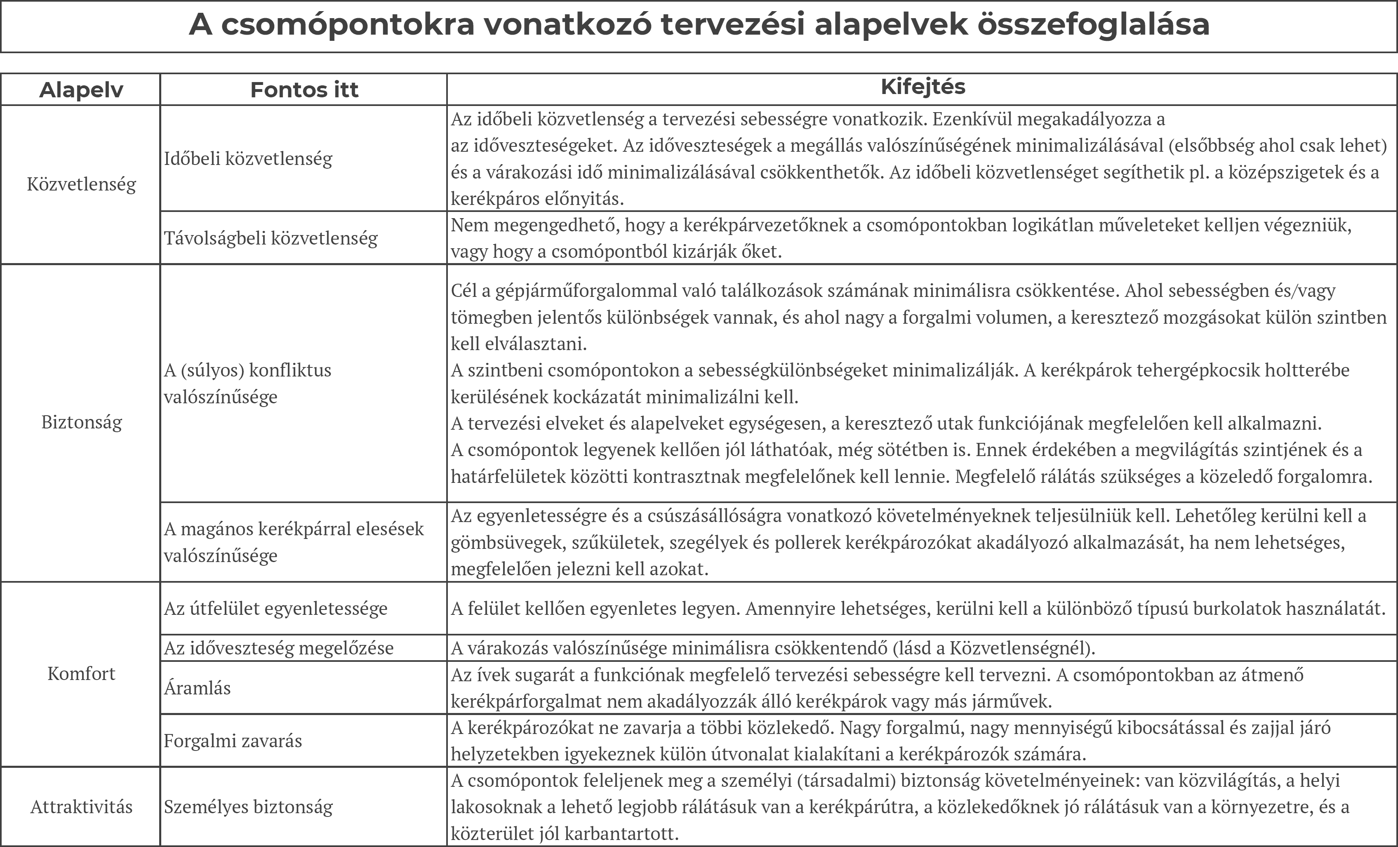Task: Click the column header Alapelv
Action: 81,89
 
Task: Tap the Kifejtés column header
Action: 923,87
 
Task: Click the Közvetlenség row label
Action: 81,184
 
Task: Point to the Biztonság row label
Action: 81,423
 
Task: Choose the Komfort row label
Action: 81,674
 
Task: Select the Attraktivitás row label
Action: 81,807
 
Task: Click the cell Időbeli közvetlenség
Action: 248,158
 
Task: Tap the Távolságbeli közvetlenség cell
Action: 271,238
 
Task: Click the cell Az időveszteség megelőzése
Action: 279,648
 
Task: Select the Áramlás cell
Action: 198,687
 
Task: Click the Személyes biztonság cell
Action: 248,807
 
